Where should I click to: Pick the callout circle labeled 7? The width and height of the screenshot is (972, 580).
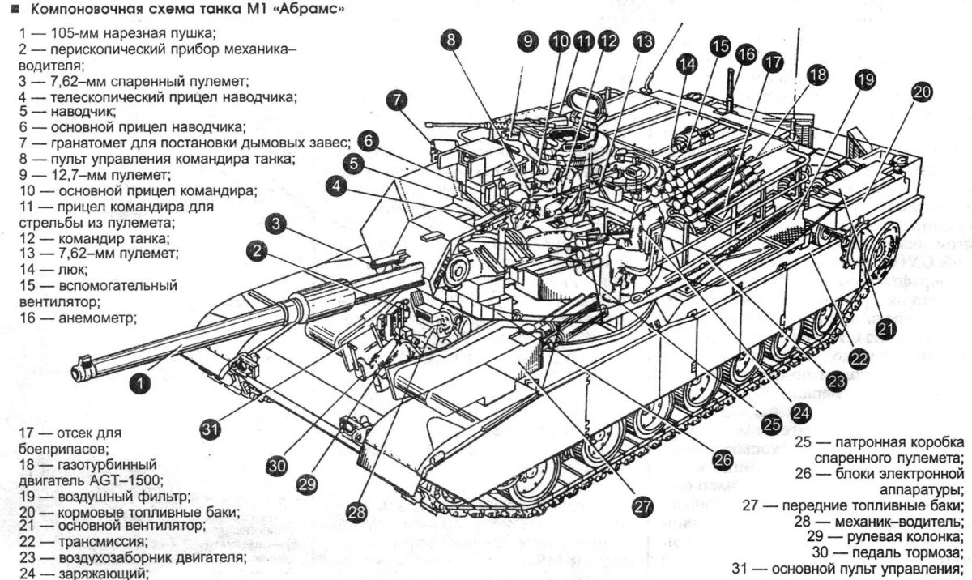[395, 100]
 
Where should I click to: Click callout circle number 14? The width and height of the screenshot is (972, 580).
[687, 62]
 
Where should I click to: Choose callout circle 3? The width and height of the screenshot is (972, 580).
[277, 224]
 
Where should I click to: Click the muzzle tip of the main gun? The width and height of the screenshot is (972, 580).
[79, 370]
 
